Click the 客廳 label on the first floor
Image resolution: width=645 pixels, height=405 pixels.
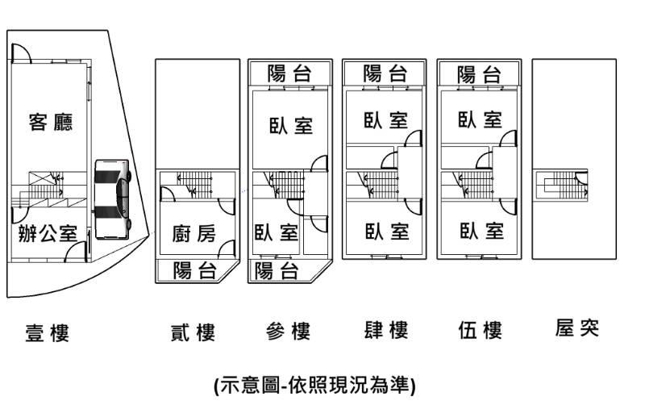tap(51, 123)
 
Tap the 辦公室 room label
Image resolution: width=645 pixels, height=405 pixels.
tap(48, 234)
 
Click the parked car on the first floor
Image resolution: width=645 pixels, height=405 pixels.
tap(112, 199)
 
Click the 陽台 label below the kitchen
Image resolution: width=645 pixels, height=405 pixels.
tap(196, 271)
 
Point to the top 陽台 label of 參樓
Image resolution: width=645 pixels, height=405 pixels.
tap(289, 73)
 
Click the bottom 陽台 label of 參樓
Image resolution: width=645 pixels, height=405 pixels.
tap(277, 271)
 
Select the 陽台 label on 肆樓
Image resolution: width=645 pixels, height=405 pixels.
tap(385, 73)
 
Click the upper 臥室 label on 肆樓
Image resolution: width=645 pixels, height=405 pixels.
tap(385, 120)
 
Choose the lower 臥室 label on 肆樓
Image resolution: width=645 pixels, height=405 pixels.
tap(385, 232)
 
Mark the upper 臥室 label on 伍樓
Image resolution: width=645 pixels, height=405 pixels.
tap(480, 120)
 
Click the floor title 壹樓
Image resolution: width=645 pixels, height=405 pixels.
tap(48, 332)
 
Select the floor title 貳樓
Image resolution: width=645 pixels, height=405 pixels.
tap(193, 331)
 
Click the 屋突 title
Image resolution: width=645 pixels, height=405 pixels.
tap(577, 328)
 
